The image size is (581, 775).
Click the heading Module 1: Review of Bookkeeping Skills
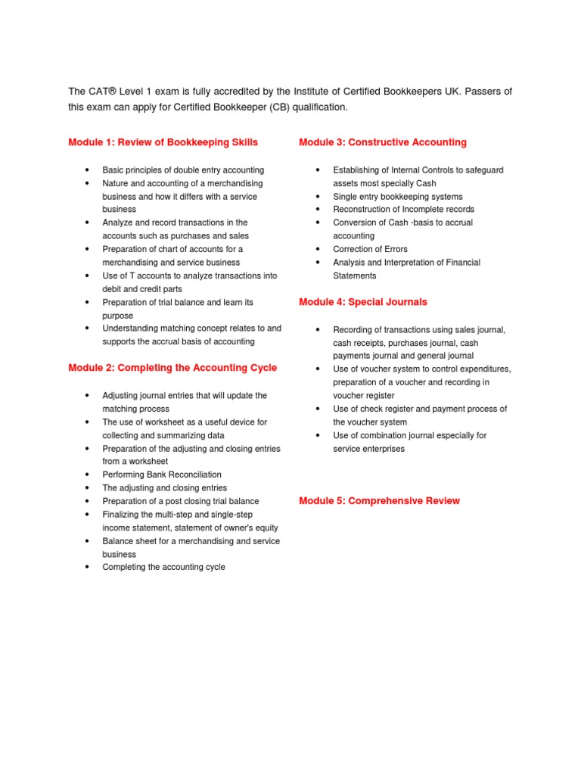pyautogui.click(x=163, y=142)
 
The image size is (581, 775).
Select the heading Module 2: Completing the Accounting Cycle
pyautogui.click(x=172, y=368)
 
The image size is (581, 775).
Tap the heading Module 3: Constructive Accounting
pyautogui.click(x=383, y=142)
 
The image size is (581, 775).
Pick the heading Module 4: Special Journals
pyautogui.click(x=363, y=302)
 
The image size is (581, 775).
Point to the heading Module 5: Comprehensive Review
pyautogui.click(x=379, y=501)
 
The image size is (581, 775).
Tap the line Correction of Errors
pyautogui.click(x=370, y=249)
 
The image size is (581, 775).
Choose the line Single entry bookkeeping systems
pyautogui.click(x=398, y=197)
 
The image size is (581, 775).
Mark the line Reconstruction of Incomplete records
pyautogui.click(x=404, y=210)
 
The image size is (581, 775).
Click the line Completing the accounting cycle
pyautogui.click(x=163, y=567)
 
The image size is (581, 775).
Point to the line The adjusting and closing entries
pyautogui.click(x=164, y=488)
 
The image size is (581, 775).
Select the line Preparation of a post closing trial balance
pyautogui.click(x=180, y=501)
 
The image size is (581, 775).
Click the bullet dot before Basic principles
pyautogui.click(x=88, y=170)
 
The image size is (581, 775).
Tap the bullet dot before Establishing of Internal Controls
pyautogui.click(x=318, y=170)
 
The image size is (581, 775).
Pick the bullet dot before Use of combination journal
pyautogui.click(x=318, y=435)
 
